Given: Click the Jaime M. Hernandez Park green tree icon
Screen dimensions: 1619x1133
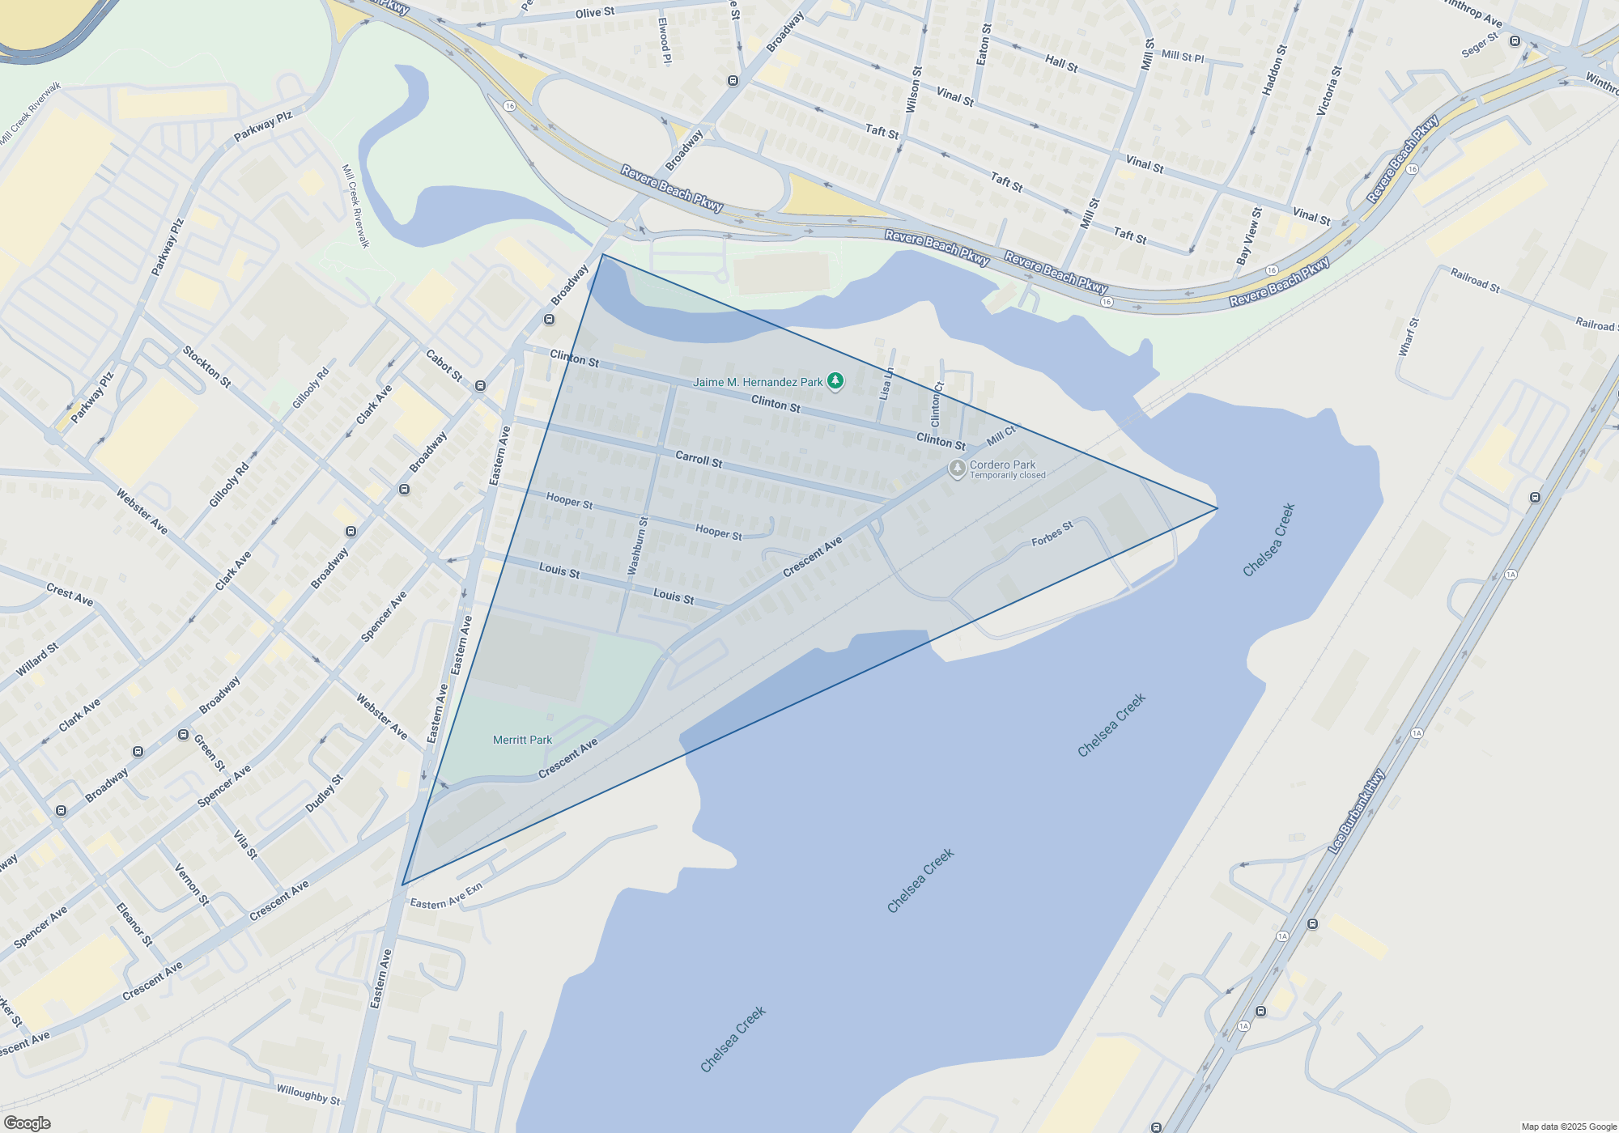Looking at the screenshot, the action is point(835,381).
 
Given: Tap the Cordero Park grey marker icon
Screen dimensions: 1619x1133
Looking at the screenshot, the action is point(957,469).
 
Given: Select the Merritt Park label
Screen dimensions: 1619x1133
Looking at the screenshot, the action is point(522,740).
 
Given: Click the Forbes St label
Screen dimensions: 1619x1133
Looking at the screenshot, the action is point(1052,534).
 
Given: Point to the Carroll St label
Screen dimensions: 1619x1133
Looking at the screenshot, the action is point(699,459).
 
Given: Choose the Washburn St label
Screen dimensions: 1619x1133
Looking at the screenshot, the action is point(638,545).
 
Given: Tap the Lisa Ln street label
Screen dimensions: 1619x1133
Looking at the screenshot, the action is point(886,384).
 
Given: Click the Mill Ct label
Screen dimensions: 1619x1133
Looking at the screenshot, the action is point(1001,436).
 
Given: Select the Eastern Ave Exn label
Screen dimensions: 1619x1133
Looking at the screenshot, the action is point(446,897).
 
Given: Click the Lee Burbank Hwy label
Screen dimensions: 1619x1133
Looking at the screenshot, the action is point(1356,812).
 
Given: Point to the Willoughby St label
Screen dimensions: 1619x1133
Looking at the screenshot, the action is point(308,1094).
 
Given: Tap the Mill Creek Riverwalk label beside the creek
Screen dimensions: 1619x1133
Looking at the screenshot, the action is point(355,206).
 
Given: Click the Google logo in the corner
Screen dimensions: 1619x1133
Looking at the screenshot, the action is point(28,1123).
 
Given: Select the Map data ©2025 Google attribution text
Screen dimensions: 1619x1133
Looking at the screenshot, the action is point(1569,1127).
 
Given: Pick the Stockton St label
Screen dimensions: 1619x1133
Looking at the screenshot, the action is point(206,367).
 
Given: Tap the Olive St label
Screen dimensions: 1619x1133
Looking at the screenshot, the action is point(595,12).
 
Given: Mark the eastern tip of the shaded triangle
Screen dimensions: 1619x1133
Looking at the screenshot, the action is point(1217,508).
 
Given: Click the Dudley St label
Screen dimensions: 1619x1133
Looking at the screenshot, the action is point(324,794).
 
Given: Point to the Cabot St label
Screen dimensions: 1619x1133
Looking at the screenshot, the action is point(444,365).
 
